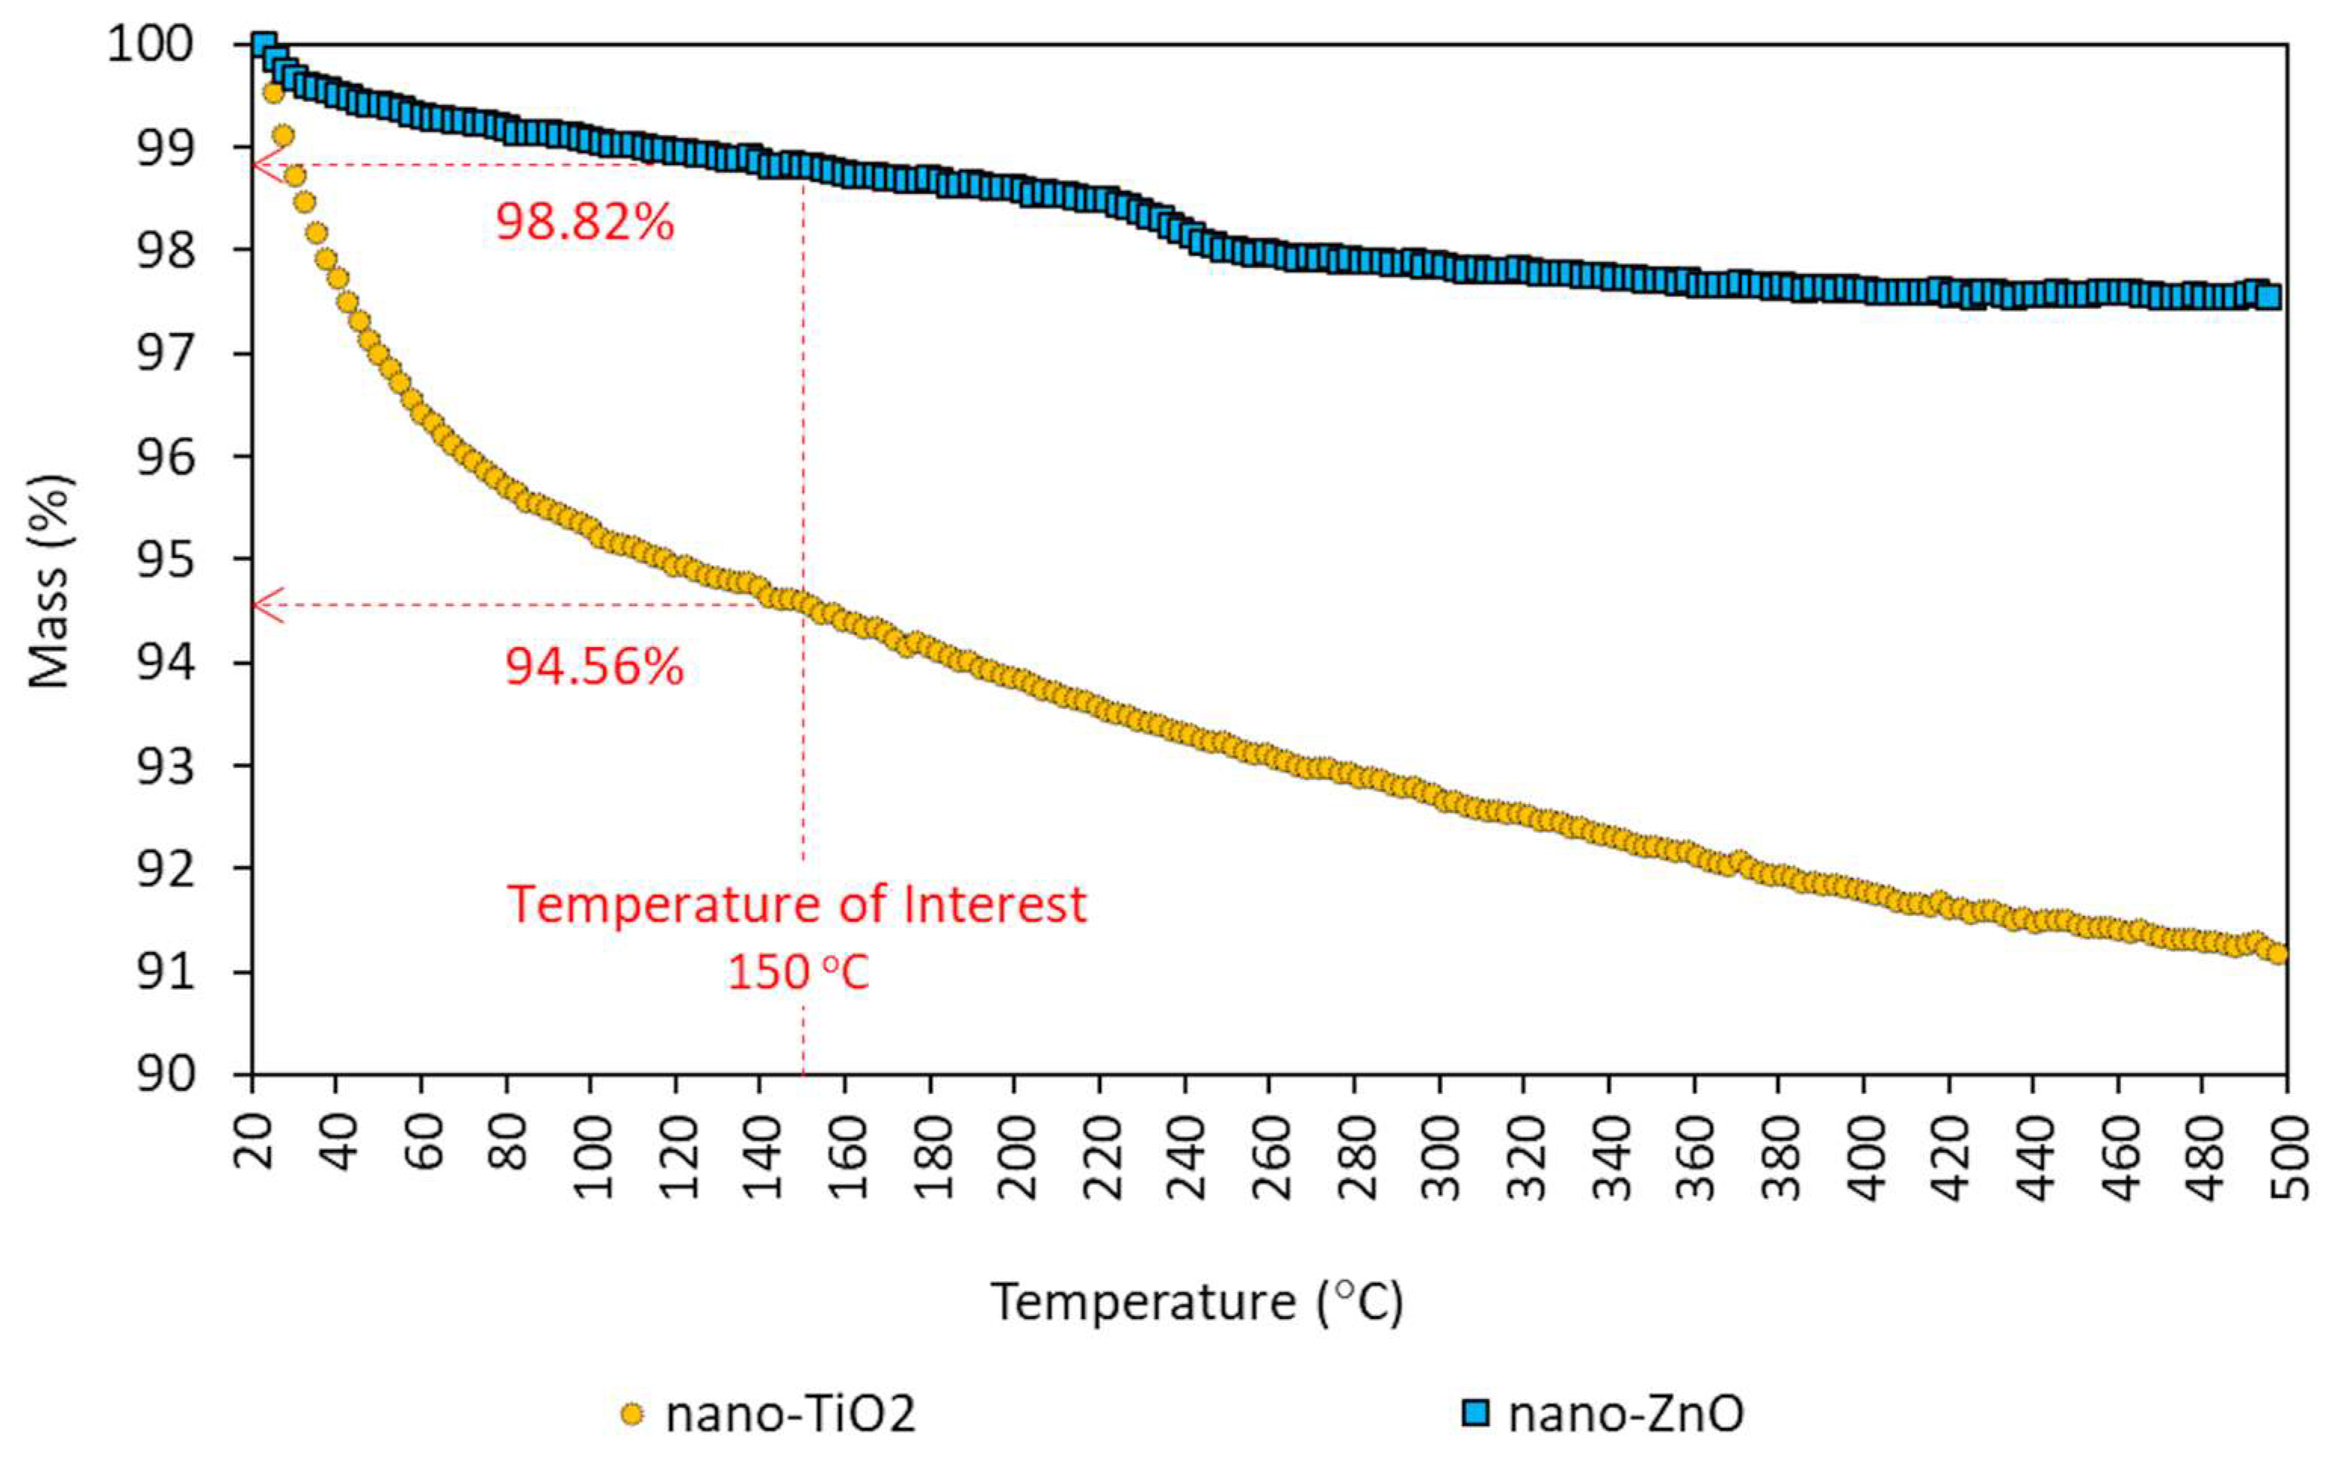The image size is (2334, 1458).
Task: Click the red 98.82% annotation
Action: tap(584, 223)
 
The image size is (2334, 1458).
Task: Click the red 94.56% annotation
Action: tap(594, 667)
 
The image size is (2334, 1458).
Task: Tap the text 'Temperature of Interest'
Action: tap(797, 905)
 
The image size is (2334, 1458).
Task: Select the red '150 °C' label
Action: tap(798, 972)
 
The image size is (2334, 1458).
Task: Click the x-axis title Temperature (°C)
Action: tap(1196, 1302)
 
